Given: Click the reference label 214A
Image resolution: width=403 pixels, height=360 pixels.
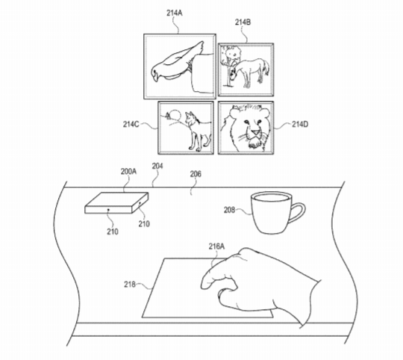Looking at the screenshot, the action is (174, 13).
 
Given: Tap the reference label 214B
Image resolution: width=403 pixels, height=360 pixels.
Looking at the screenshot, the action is (243, 22).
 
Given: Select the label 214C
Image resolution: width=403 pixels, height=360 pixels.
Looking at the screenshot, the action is (131, 125).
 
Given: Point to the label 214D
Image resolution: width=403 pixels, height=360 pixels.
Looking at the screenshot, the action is (300, 125).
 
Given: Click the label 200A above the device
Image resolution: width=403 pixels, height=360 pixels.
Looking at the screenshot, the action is (128, 172).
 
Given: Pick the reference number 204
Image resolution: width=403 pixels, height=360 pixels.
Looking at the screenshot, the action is (157, 166).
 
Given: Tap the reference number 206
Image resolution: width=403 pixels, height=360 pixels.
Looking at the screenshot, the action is (196, 174).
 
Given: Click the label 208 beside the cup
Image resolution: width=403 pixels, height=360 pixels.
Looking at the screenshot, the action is (229, 210).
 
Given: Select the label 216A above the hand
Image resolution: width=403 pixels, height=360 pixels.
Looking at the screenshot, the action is (216, 246).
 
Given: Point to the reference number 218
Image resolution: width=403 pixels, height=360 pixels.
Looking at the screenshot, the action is (130, 285).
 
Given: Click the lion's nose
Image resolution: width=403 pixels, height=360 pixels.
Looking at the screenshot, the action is (255, 133).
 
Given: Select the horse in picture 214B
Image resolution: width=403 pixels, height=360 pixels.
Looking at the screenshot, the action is (251, 72).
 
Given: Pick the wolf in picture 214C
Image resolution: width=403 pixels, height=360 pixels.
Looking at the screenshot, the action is (198, 131).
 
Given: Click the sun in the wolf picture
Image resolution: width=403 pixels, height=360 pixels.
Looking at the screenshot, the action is (175, 114).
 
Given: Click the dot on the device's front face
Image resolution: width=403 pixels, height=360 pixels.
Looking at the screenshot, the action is (108, 210).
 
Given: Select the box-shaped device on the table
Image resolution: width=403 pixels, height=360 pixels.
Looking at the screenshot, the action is (116, 203).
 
